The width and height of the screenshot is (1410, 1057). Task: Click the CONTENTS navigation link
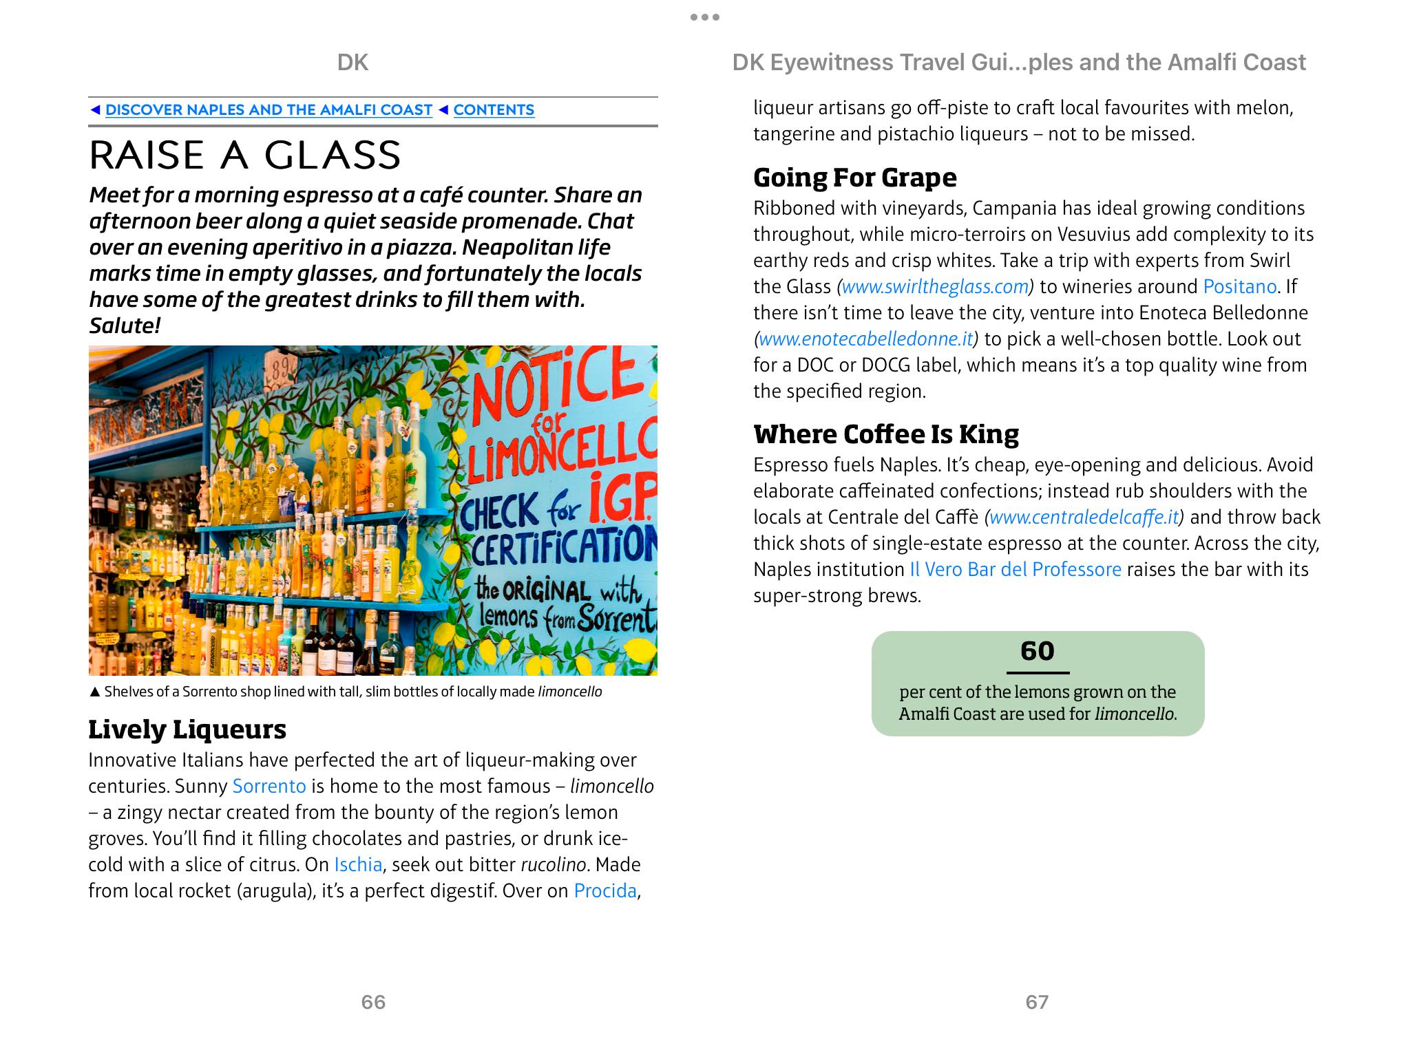click(493, 110)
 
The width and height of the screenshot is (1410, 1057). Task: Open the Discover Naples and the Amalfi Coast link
click(269, 110)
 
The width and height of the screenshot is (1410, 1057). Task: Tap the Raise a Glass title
click(245, 155)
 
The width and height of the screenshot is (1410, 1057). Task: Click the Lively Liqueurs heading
click(187, 729)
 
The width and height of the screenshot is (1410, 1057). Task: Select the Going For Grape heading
click(854, 178)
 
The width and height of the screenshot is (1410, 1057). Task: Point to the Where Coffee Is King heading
click(886, 434)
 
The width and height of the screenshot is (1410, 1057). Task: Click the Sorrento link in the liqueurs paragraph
click(269, 786)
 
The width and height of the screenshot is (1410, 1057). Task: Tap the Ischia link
click(358, 864)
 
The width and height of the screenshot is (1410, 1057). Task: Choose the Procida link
click(605, 890)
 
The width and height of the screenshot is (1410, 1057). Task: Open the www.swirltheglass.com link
click(935, 286)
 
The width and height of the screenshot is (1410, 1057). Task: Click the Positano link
click(1239, 286)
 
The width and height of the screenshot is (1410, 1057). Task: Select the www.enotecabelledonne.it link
click(866, 339)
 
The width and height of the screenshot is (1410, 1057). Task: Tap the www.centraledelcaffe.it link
click(1084, 517)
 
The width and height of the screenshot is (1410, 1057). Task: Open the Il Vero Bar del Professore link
click(1016, 569)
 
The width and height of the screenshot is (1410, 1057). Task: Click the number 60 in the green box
click(1038, 651)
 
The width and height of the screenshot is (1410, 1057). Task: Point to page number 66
click(373, 1002)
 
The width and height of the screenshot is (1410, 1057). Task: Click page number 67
click(1037, 1002)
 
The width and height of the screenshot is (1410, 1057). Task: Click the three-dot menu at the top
click(705, 17)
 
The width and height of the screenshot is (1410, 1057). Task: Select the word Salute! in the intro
click(125, 325)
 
